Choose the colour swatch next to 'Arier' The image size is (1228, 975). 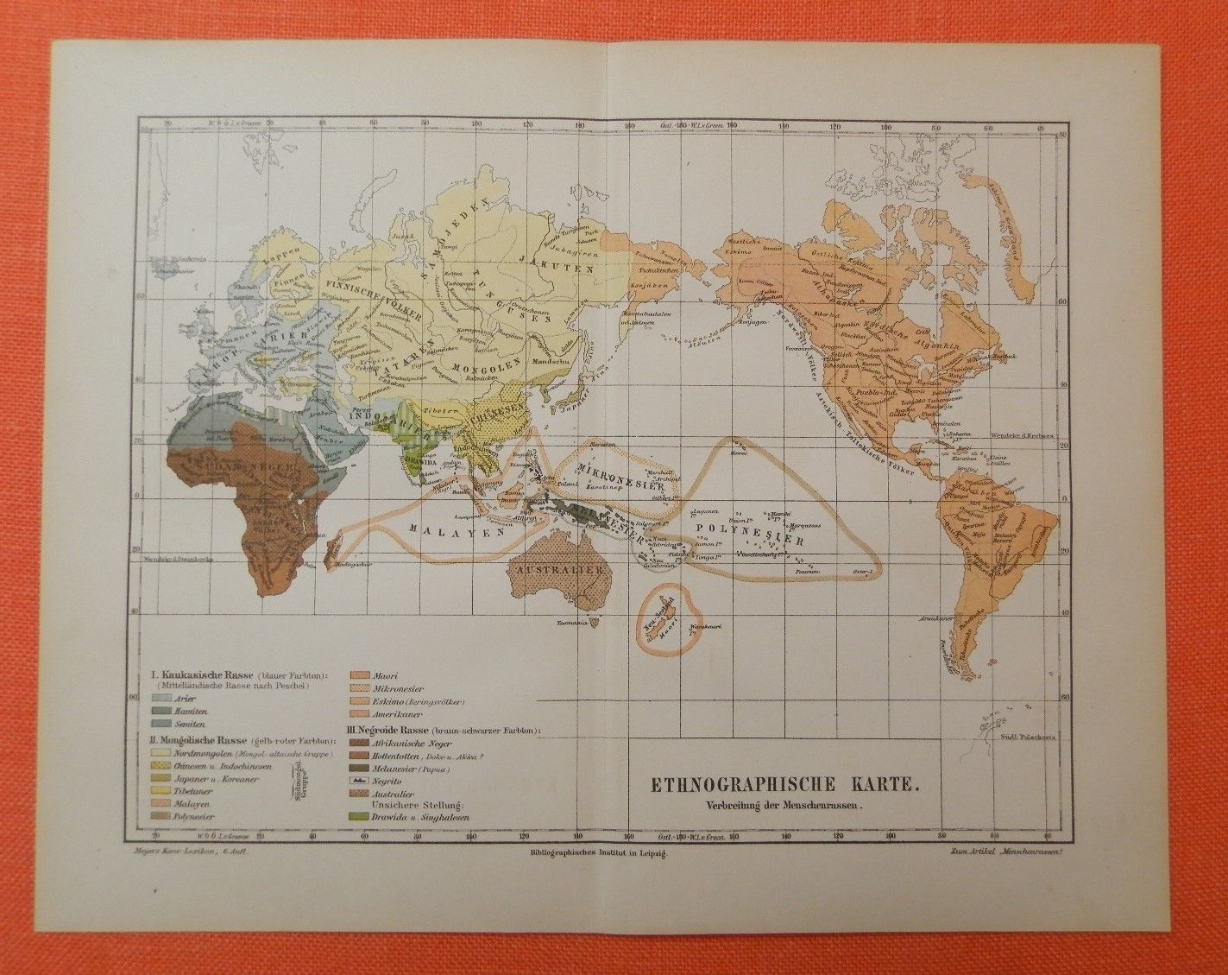[161, 695]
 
